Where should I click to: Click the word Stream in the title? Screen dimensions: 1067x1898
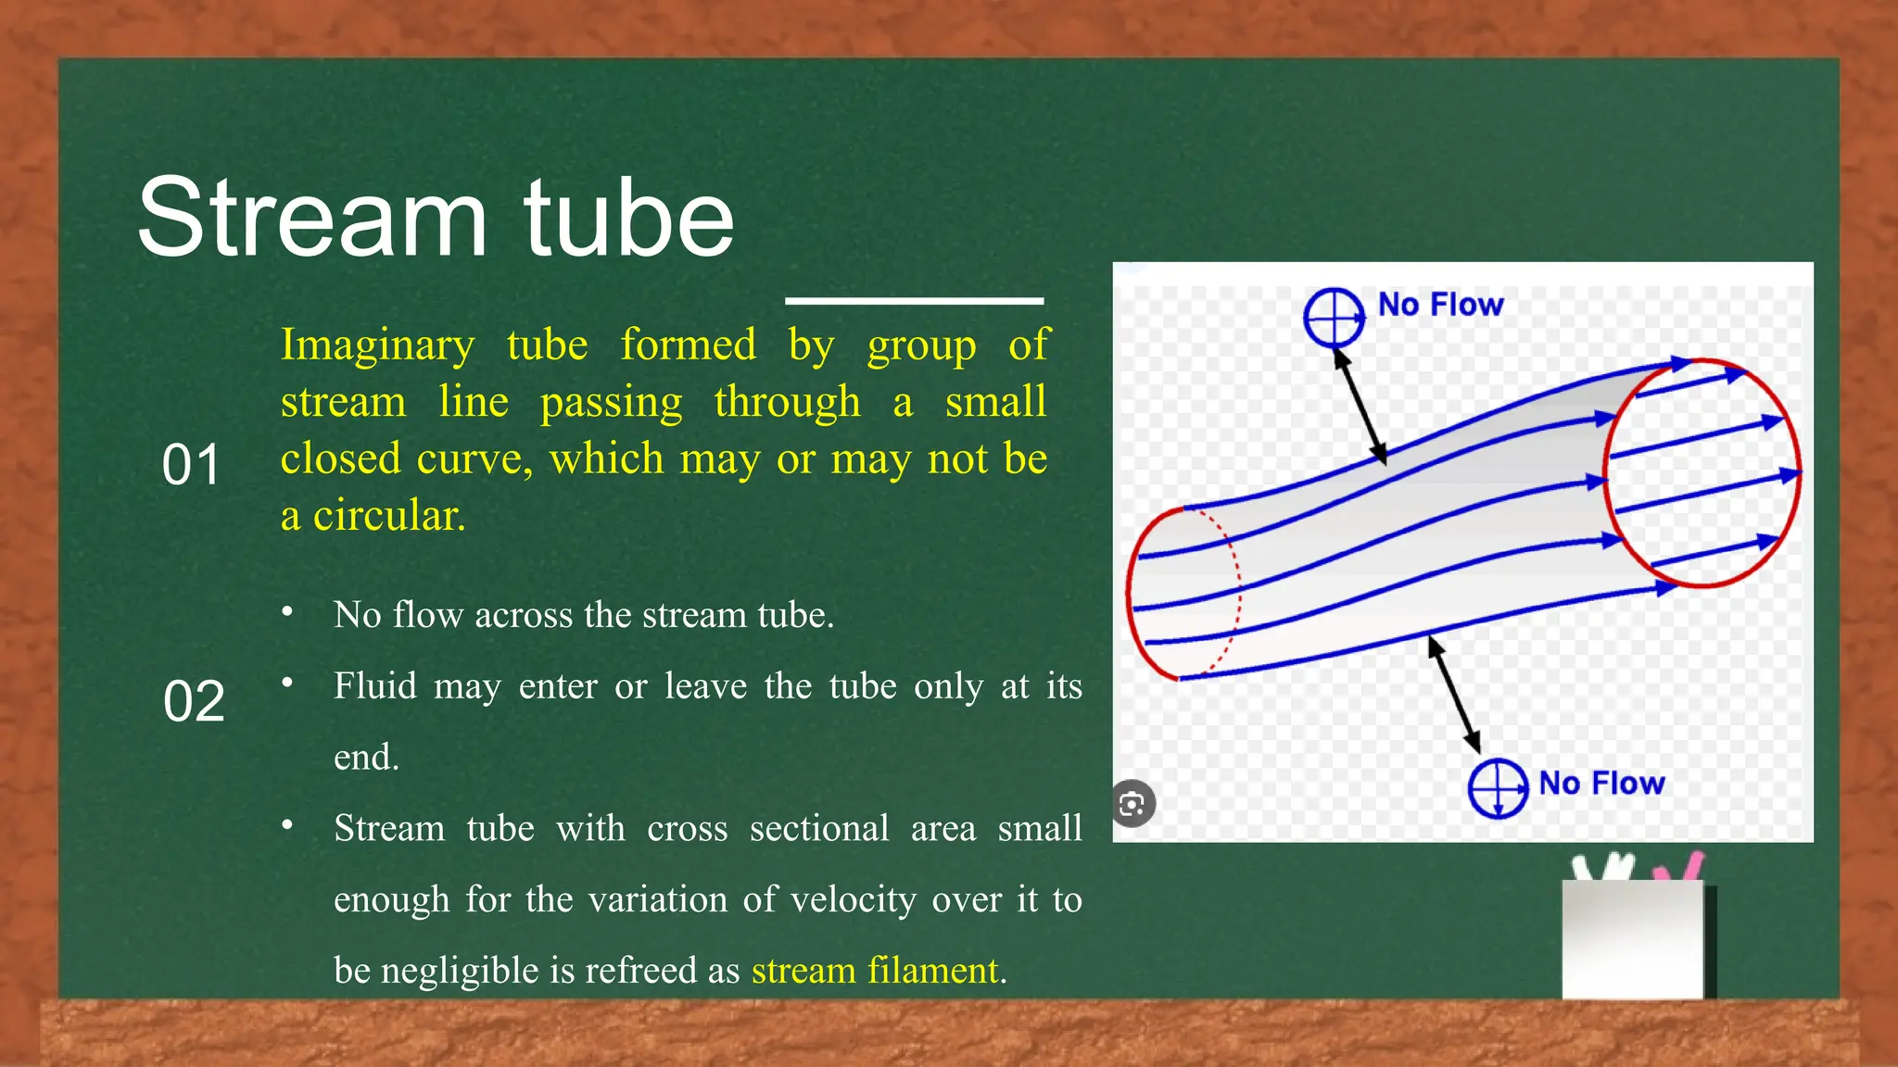coord(312,219)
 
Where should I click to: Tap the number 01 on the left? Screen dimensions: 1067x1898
coord(191,465)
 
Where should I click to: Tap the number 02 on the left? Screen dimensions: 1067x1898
coord(194,701)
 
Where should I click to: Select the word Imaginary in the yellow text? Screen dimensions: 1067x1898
coord(377,345)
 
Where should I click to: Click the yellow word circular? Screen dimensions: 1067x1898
coord(388,516)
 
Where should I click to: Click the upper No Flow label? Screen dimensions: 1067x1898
coord(1440,305)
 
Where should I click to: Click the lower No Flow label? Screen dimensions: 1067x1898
coord(1601,784)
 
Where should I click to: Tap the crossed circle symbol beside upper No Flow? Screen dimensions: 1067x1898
coord(1334,317)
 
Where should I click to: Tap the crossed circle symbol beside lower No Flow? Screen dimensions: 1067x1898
coord(1498,789)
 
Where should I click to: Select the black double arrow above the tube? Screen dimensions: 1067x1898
coord(1360,408)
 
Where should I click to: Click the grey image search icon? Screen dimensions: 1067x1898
coord(1132,803)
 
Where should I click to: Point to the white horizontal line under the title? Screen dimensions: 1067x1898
coord(914,300)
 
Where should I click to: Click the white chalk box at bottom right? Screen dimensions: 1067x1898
coord(1633,937)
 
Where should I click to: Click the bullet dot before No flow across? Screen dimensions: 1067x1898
coord(288,612)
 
